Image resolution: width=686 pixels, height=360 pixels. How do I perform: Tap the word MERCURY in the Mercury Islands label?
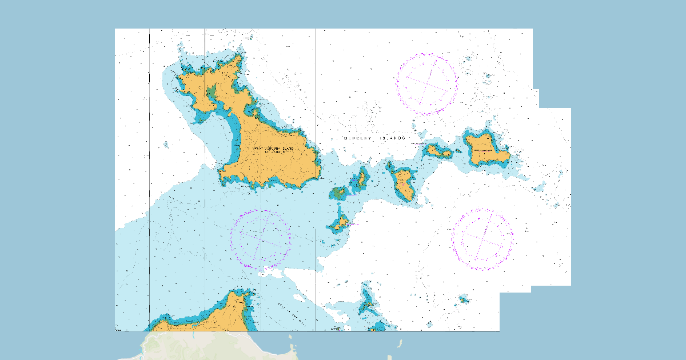point(357,138)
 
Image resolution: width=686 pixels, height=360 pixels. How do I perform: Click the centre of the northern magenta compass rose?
point(426,83)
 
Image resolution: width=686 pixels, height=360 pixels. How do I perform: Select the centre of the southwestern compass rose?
point(260,239)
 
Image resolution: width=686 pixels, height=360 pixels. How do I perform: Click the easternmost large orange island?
point(485,150)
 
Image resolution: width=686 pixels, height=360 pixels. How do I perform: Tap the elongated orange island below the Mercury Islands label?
point(404,184)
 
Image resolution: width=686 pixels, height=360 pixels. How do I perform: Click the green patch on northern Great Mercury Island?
point(212,92)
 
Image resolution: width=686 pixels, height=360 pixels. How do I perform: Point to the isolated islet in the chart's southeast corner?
point(464,299)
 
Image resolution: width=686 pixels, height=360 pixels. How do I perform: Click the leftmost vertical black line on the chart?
point(149,171)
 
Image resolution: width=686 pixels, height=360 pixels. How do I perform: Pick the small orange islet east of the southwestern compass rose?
point(341,223)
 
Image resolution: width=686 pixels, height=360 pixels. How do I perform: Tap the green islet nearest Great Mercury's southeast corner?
point(338,193)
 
